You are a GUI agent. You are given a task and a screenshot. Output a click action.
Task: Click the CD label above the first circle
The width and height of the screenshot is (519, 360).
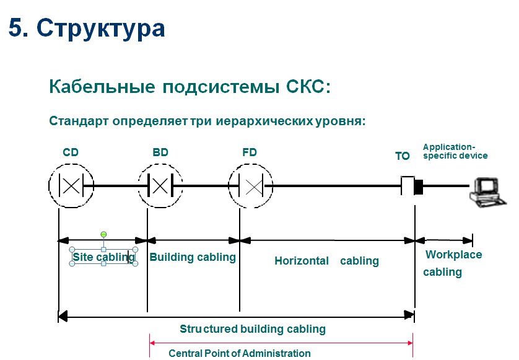71,152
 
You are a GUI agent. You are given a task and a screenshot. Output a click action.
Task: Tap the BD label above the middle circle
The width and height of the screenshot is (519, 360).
160,152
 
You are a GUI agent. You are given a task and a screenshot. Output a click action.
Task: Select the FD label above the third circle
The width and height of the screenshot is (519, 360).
250,152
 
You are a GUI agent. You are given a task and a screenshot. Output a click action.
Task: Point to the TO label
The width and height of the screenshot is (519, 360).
403,156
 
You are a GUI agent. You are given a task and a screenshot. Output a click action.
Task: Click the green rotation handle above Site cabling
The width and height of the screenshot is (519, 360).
103,234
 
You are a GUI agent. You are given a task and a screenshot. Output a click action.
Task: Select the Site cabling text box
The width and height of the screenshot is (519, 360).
103,257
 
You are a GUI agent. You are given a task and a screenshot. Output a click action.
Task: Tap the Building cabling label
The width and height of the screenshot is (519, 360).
193,257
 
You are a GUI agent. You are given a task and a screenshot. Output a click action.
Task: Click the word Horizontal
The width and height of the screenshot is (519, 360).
302,261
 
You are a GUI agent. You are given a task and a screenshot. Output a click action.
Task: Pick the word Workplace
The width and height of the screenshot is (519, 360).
453,255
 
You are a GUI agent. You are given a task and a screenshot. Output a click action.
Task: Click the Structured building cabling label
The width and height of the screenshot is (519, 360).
253,329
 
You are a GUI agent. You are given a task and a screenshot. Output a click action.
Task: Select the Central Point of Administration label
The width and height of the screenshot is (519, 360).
240,353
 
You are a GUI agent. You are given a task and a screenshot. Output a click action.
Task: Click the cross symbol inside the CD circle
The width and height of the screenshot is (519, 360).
71,185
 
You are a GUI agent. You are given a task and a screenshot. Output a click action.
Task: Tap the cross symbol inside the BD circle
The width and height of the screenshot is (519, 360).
160,186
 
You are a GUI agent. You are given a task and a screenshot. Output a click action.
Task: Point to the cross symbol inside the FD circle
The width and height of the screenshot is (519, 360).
254,187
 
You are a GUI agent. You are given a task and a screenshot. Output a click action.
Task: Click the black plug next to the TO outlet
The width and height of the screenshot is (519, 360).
419,187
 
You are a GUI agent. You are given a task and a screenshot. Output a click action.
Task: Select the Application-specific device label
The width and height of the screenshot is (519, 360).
455,151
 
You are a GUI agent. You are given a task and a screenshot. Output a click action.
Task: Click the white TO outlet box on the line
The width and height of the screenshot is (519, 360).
408,185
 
